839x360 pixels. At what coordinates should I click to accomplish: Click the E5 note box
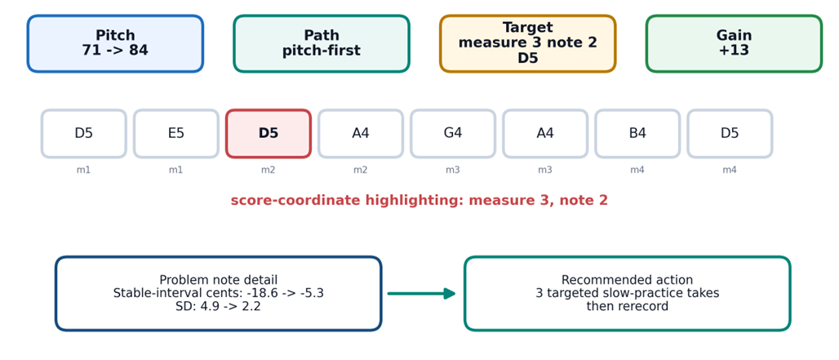[x=176, y=134]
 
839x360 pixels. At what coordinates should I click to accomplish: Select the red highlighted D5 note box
[x=268, y=134]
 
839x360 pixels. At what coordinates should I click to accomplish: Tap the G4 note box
[x=453, y=134]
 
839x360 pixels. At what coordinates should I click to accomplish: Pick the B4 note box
[x=637, y=134]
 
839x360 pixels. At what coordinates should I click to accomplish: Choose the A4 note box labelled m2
[x=361, y=134]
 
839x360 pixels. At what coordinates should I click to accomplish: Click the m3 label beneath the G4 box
[x=453, y=170]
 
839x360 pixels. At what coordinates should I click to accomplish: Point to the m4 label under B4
[x=637, y=170]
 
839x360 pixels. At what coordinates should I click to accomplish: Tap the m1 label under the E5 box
[x=176, y=170]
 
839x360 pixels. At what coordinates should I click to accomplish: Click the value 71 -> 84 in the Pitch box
[x=115, y=51]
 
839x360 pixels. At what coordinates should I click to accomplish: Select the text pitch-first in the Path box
[x=322, y=51]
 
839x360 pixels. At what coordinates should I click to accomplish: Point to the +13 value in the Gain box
[x=735, y=51]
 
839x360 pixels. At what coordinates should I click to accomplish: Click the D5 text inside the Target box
[x=527, y=59]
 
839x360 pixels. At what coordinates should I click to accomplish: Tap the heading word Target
[x=527, y=27]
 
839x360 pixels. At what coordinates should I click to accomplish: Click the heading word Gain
[x=735, y=35]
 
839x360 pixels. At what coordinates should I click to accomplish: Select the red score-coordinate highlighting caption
[x=419, y=201]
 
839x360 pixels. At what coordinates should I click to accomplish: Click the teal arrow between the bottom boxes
[x=422, y=293]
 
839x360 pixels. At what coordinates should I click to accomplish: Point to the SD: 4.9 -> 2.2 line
[x=218, y=307]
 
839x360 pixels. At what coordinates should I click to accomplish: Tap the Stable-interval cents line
[x=218, y=293]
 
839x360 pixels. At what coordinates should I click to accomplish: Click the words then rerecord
[x=627, y=306]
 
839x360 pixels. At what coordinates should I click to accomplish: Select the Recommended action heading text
[x=627, y=280]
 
